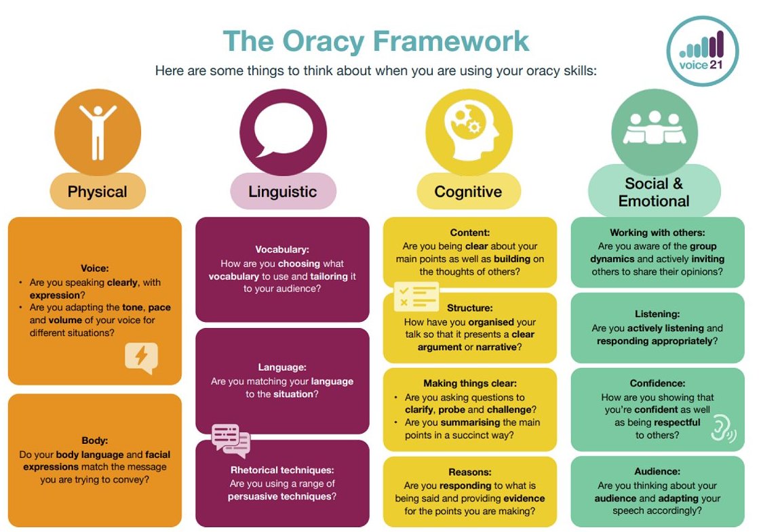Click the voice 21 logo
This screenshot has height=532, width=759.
[703, 52]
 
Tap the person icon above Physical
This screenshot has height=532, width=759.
[98, 132]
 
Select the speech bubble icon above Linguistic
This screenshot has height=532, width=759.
[283, 132]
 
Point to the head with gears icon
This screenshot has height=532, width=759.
[469, 132]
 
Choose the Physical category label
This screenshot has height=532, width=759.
[97, 192]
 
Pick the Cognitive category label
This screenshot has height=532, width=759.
[468, 192]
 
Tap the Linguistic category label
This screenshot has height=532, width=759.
[283, 192]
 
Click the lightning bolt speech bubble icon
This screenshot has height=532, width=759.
[141, 358]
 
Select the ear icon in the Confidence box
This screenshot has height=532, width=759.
[723, 428]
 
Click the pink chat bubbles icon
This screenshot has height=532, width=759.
[231, 441]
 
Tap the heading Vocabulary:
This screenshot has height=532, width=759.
[282, 249]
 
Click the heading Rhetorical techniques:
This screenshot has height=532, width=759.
[282, 470]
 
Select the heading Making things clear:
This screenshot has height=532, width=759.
[470, 384]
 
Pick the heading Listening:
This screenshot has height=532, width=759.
[657, 314]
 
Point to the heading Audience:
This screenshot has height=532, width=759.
[657, 472]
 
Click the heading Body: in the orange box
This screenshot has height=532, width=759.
[95, 441]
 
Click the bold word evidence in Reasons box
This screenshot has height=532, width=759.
[524, 499]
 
